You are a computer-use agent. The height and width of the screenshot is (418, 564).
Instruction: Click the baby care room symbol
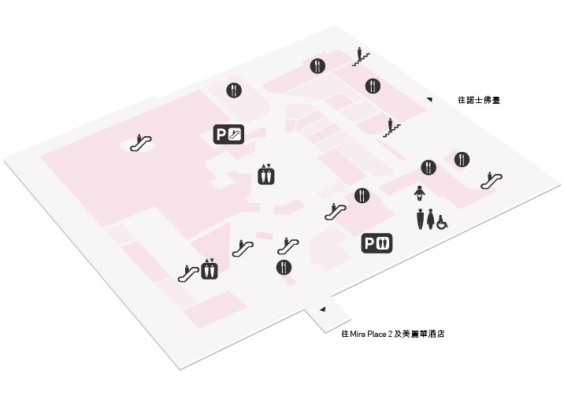point(419,194)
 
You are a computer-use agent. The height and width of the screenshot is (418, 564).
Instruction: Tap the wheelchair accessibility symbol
point(442,222)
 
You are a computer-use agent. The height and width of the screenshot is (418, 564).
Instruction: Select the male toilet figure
point(421,219)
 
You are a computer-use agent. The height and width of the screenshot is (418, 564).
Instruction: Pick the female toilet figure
point(431,219)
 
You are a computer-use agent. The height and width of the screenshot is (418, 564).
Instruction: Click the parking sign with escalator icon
point(228,135)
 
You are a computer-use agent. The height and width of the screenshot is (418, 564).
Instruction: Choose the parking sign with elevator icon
point(377,243)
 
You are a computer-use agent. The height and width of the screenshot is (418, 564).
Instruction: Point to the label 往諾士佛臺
point(479,100)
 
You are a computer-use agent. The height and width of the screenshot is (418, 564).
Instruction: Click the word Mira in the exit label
point(358,334)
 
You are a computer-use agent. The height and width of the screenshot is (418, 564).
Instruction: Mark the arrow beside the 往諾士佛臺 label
point(429,99)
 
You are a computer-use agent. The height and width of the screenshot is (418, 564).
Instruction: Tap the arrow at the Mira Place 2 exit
point(323,309)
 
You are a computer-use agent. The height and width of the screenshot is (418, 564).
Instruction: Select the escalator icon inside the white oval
point(141,142)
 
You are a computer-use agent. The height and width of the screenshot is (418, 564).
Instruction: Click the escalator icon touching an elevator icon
point(188,273)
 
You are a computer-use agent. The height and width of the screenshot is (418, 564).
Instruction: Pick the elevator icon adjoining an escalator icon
point(209,269)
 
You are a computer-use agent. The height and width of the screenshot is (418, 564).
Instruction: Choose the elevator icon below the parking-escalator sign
point(266,175)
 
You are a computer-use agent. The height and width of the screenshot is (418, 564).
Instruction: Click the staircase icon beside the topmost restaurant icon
point(361,57)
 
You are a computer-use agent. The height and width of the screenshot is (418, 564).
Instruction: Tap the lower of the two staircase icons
point(391,128)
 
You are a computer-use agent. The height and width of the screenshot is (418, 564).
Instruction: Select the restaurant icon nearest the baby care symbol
point(429,168)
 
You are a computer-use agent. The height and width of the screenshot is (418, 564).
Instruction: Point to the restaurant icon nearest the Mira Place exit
point(284,268)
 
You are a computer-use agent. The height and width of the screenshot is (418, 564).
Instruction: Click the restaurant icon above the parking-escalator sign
point(234,91)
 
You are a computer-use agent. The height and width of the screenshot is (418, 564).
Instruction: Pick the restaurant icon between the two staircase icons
point(373,87)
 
